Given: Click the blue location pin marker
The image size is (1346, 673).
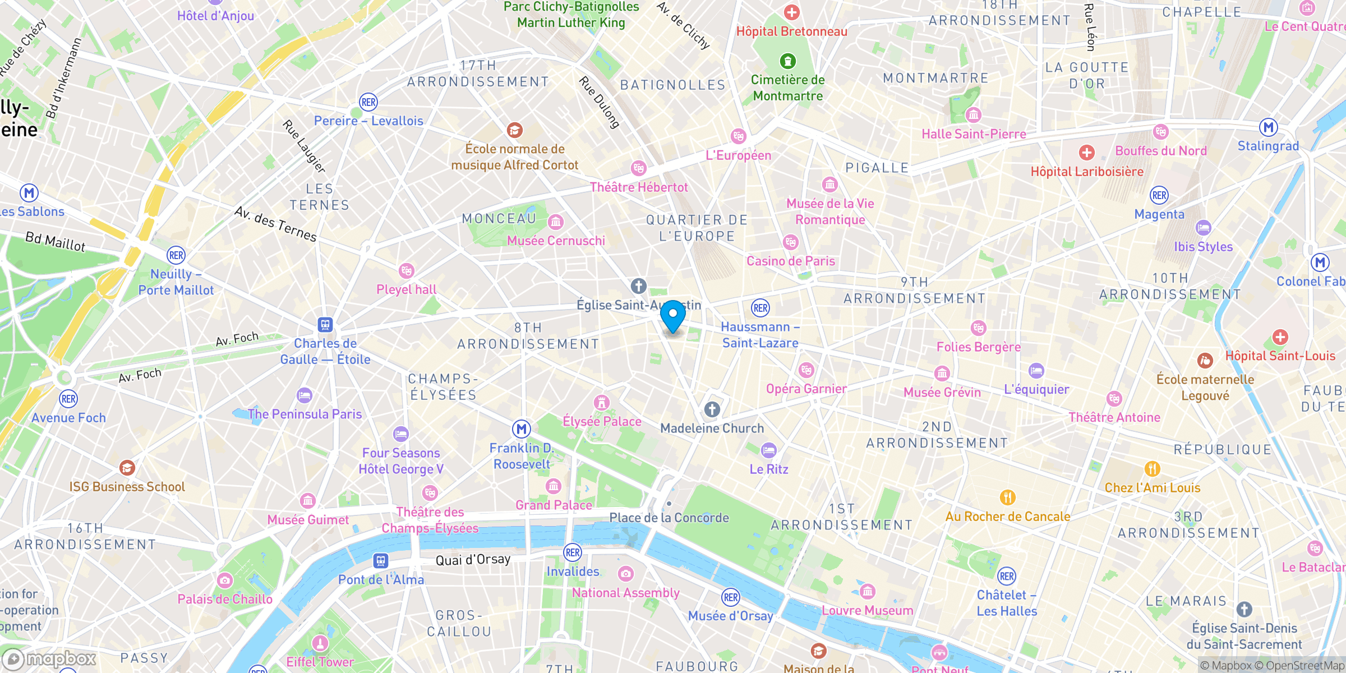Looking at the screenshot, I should pos(672,316).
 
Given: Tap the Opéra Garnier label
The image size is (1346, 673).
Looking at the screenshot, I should pos(806,389).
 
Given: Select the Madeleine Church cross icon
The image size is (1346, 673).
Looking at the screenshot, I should pos(712,409).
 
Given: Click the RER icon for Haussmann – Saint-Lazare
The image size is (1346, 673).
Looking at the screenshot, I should pos(760,308).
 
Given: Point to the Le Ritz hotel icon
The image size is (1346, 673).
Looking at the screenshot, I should pos(768,450).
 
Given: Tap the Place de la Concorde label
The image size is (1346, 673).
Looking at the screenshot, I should pos(669,518).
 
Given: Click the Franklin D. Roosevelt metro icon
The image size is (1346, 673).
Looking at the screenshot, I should pos(522,430).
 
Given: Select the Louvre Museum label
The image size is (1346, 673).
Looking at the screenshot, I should pos(867,610).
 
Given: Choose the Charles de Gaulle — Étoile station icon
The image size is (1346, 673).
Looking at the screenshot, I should pos(325,325).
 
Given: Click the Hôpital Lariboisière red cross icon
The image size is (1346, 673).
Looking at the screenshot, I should pos(1086,153).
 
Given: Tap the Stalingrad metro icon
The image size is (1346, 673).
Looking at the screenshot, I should pos(1269,127).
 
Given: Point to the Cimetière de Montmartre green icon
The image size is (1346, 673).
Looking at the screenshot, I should pos(788,61).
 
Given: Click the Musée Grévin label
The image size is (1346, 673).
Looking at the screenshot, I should pos(942,392).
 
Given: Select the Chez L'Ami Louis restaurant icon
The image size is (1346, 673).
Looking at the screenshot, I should pos(1152,469).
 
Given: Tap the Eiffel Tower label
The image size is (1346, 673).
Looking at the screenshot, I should pos(320,662).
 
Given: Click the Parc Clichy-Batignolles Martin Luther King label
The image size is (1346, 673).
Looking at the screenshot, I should pos(571,15).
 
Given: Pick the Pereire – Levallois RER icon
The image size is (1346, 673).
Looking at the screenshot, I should pos(368,102).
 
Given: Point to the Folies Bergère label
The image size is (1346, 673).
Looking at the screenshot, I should pos(978,347).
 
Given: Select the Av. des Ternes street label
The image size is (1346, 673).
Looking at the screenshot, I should pos(275,224).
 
